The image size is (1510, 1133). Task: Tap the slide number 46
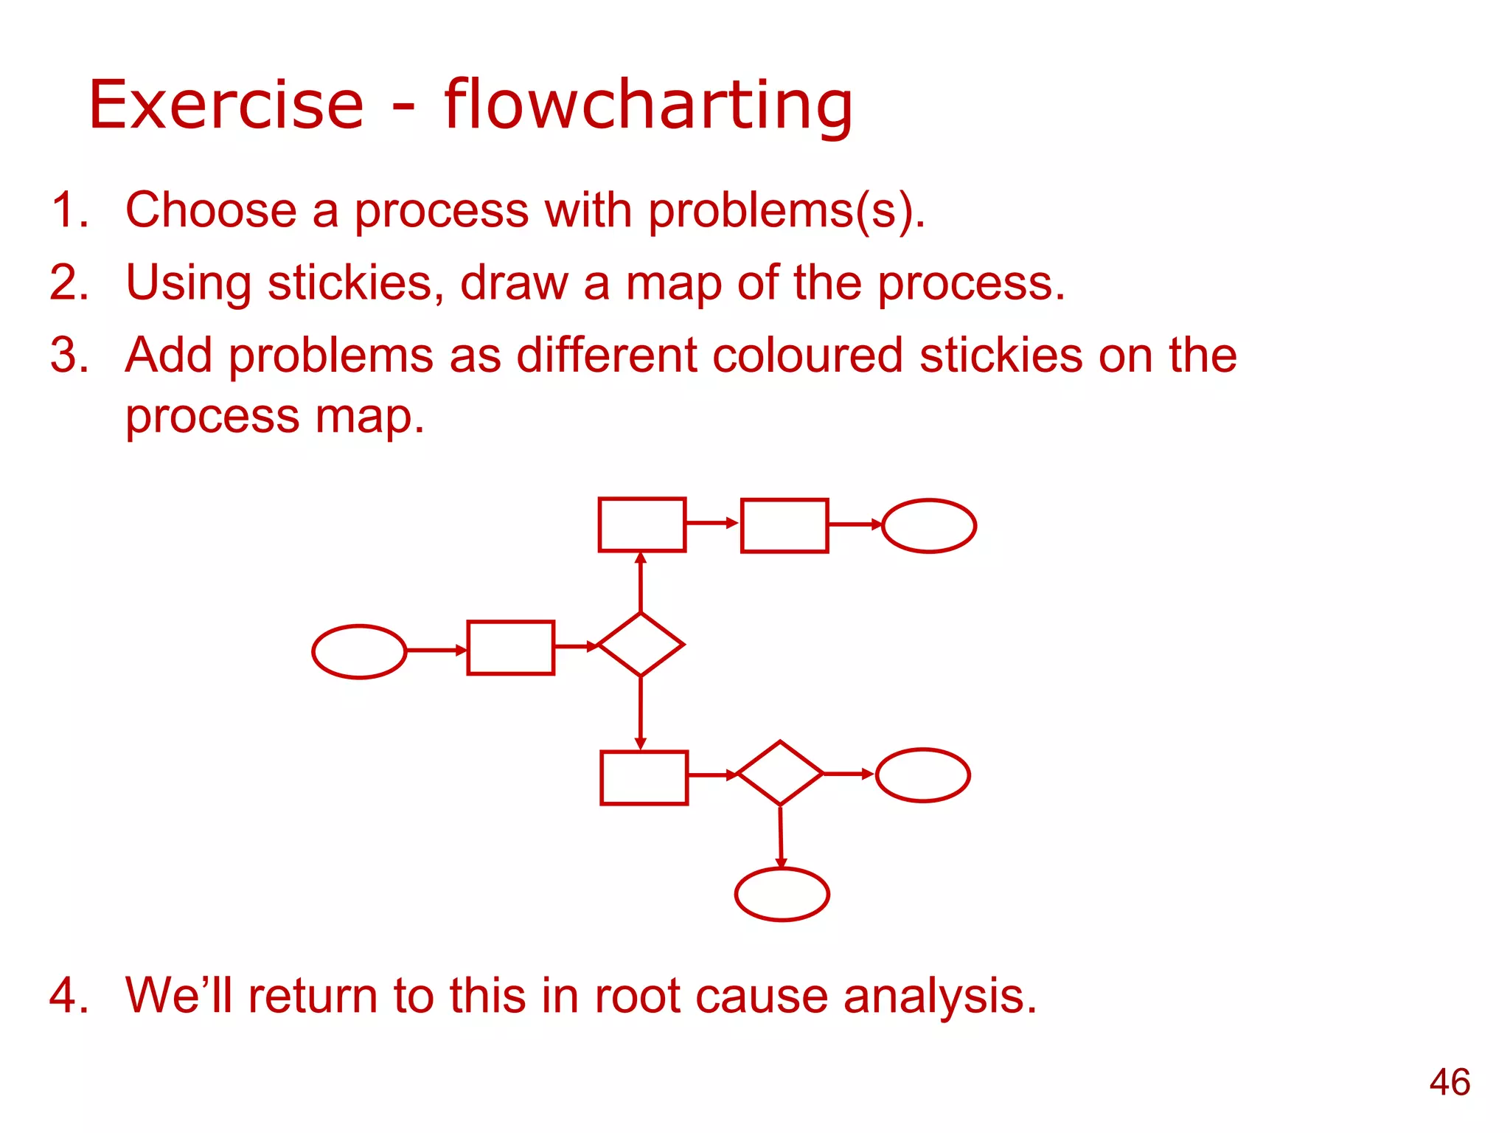click(x=1449, y=1082)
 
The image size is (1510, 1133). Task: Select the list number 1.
click(x=69, y=209)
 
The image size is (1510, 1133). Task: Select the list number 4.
click(x=69, y=995)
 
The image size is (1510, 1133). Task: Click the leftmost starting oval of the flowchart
click(x=359, y=651)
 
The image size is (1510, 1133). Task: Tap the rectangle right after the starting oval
click(x=510, y=648)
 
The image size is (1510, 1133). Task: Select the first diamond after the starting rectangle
click(x=640, y=645)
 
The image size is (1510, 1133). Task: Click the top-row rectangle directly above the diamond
click(x=641, y=524)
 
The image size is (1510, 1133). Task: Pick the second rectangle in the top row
click(x=784, y=525)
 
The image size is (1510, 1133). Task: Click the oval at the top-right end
click(x=928, y=525)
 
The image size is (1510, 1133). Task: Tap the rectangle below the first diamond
click(x=644, y=777)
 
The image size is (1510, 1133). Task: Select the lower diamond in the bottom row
click(x=779, y=773)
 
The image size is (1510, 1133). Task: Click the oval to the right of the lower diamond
click(x=922, y=775)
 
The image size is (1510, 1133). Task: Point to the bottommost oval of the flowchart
click(x=782, y=894)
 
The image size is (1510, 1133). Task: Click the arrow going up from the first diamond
click(x=641, y=583)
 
